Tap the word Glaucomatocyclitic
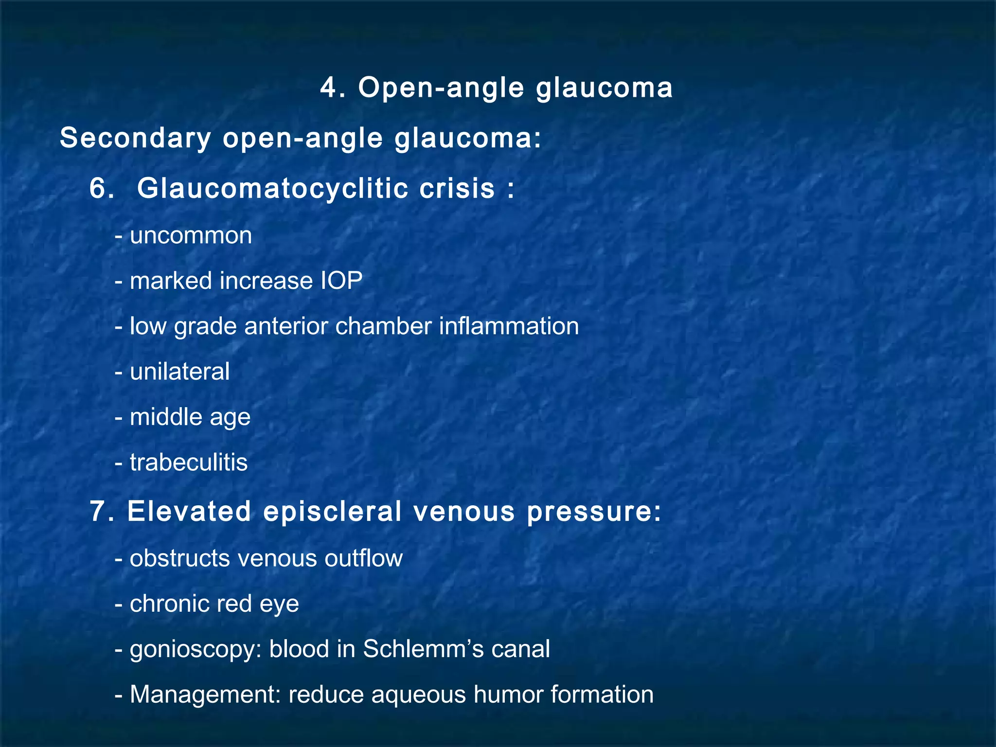[272, 189]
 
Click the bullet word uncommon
[191, 236]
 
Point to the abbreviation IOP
[341, 281]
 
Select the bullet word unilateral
[179, 372]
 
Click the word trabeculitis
[189, 462]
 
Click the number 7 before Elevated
[99, 512]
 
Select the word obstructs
[179, 559]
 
